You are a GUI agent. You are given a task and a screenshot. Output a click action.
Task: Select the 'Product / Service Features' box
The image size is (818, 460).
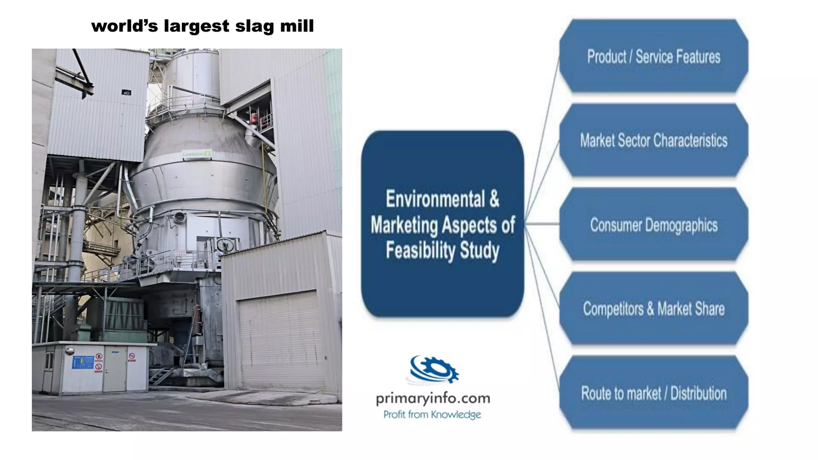[653, 57]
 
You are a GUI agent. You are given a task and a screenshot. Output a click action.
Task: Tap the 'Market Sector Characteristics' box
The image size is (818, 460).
[653, 141]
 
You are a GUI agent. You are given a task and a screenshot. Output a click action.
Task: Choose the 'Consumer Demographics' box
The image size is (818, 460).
[653, 225]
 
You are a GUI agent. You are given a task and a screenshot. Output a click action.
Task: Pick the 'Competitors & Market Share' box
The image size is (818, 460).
[653, 309]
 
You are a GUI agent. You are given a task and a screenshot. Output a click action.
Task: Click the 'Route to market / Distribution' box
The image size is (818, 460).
[653, 393]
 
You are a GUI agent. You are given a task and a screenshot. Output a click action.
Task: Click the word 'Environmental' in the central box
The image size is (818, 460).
[435, 199]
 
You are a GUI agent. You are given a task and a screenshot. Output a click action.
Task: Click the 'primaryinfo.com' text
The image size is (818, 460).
[433, 399]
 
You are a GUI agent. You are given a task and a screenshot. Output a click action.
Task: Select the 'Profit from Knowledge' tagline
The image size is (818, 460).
[432, 415]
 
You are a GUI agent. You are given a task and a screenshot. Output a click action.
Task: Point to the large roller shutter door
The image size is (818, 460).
[279, 339]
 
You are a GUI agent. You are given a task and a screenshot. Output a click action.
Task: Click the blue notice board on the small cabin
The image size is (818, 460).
[83, 362]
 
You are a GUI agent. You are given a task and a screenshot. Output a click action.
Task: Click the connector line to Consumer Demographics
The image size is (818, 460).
[542, 224]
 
